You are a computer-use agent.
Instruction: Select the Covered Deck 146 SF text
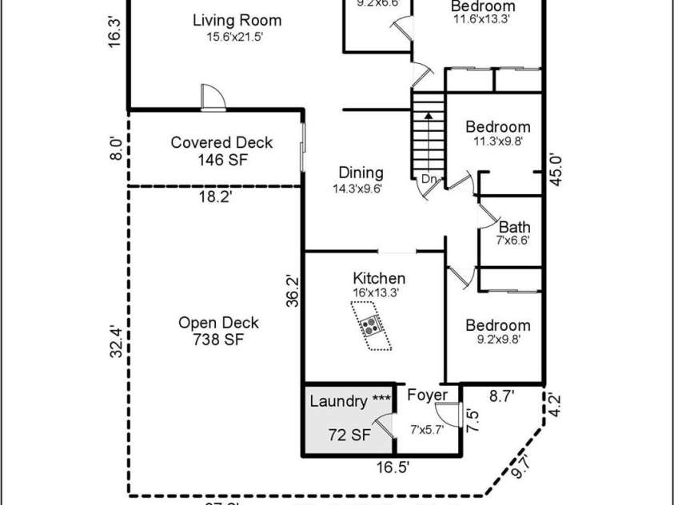221,151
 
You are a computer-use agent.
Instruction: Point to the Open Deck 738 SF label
218,331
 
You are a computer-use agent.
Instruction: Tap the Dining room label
361,173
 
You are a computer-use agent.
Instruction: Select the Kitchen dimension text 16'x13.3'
376,293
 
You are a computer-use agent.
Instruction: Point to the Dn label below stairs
429,180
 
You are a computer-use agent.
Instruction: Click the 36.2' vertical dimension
293,291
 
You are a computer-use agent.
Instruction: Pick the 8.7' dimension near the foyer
501,395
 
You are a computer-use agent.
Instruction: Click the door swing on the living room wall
213,97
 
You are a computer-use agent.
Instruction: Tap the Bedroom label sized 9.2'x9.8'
498,325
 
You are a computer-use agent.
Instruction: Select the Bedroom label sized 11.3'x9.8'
498,127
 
